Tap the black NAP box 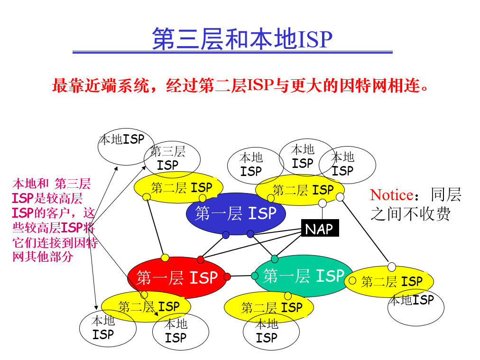319,229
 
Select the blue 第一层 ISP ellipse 236,213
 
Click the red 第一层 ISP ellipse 176,277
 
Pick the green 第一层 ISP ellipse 304,276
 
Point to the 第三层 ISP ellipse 172,159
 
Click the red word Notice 391,195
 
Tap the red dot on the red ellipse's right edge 227,277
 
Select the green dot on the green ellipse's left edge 255,276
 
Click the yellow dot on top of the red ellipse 165,258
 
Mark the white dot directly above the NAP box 323,203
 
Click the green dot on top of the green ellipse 275,258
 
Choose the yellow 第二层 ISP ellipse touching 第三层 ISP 179,187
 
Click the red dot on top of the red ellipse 201,259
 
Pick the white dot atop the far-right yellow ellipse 392,267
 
